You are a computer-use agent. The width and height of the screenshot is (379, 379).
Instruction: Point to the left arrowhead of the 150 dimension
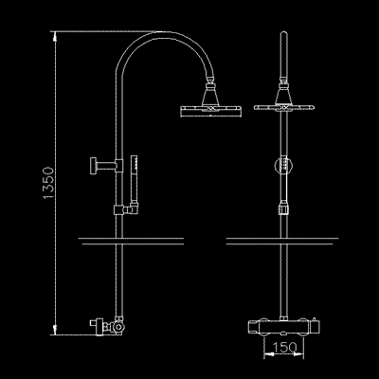263,357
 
